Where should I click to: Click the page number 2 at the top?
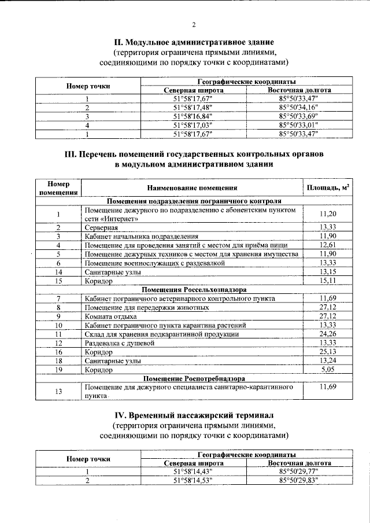point(194,24)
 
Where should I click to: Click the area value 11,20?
point(328,214)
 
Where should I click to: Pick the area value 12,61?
point(328,245)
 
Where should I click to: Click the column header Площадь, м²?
point(328,188)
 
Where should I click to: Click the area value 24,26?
point(328,334)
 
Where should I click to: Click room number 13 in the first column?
point(58,391)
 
